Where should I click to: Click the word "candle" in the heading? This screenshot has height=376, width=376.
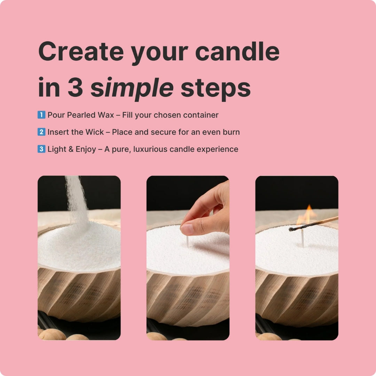[x=237, y=52]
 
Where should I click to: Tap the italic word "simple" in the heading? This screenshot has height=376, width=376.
[x=132, y=88]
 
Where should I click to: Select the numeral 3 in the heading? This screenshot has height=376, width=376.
[x=75, y=87]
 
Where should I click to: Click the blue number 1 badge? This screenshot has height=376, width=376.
[x=41, y=115]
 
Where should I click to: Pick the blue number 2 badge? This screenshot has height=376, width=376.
[x=41, y=132]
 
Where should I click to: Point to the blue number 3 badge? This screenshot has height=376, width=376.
[x=41, y=149]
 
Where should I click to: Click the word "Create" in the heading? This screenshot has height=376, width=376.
[x=81, y=52]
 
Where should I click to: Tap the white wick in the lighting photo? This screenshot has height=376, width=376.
[x=303, y=238]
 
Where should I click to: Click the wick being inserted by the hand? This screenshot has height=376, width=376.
[x=188, y=241]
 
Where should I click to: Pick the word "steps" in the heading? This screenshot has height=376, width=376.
[x=216, y=88]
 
